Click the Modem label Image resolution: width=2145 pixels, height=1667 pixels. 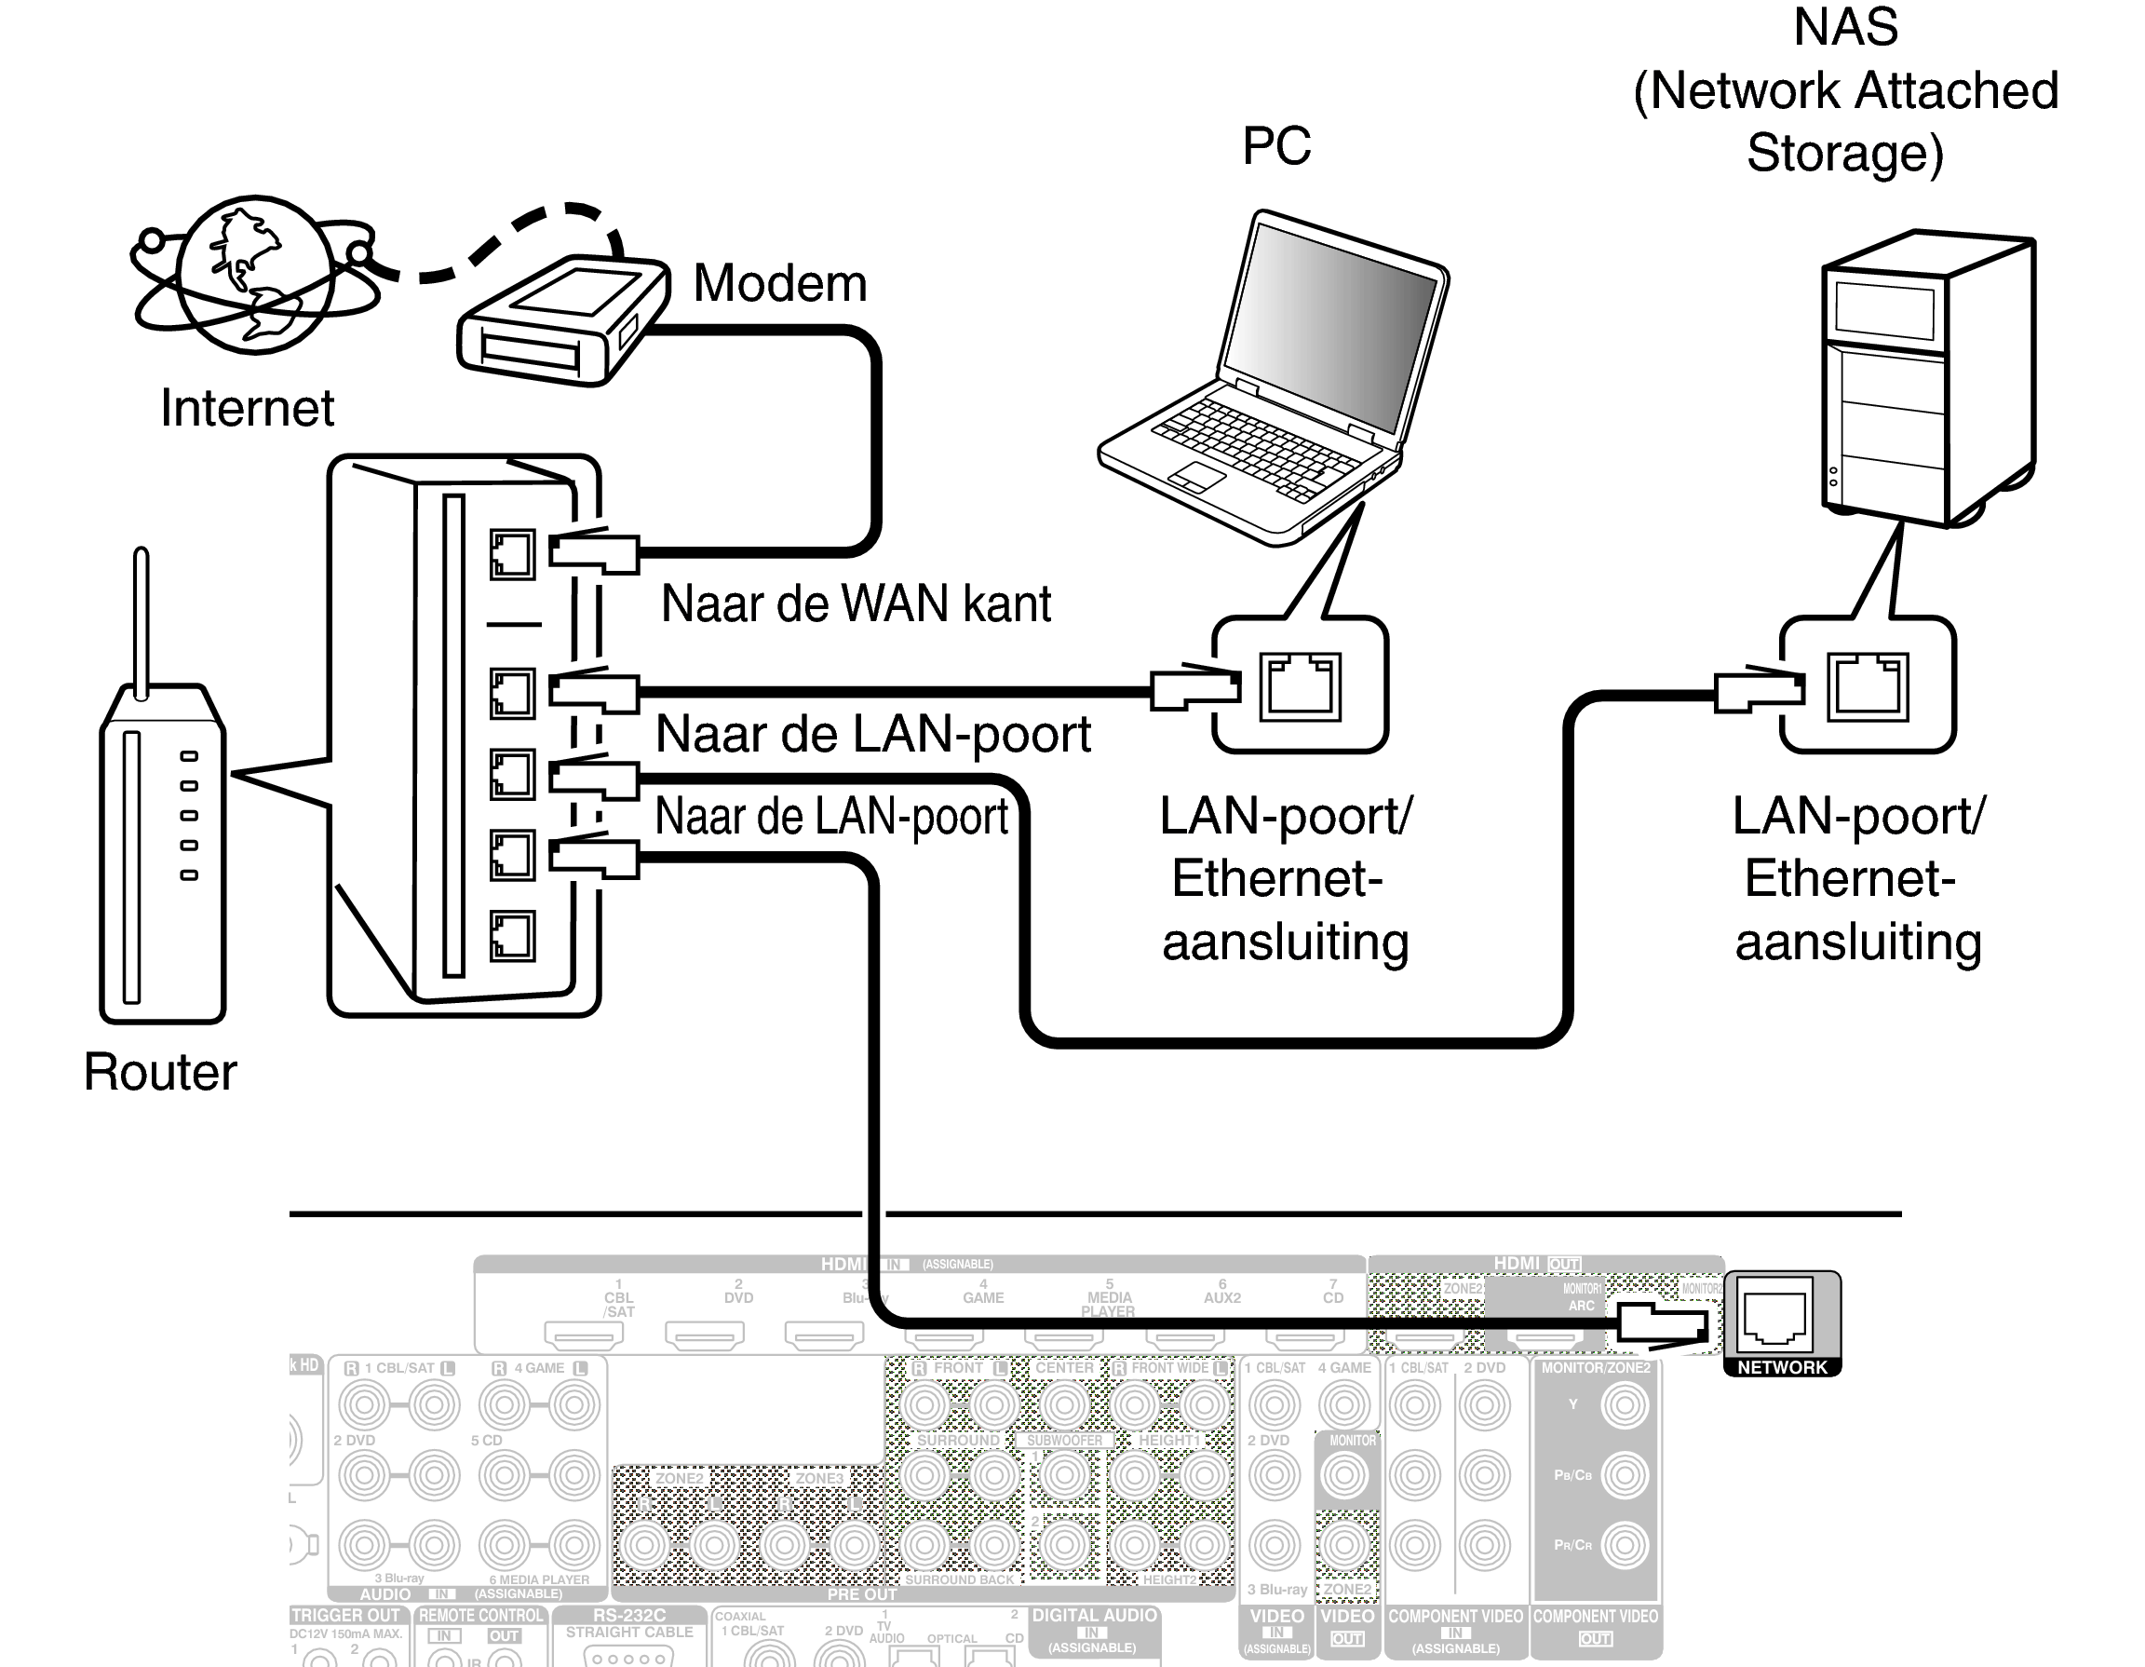click(780, 283)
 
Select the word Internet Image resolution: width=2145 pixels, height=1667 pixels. click(247, 408)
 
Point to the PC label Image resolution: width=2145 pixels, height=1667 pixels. click(1275, 145)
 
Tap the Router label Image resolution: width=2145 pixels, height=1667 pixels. click(160, 1071)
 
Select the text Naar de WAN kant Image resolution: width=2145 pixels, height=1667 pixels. click(855, 603)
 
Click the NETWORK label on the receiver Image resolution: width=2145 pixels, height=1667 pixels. click(1782, 1367)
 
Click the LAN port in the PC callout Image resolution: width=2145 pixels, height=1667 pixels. click(1301, 686)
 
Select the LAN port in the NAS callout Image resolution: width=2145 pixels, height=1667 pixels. click(1867, 686)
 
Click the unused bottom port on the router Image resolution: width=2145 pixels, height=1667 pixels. click(512, 935)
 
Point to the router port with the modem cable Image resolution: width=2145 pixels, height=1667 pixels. click(512, 555)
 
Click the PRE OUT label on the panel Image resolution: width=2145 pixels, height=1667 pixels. click(861, 1594)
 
